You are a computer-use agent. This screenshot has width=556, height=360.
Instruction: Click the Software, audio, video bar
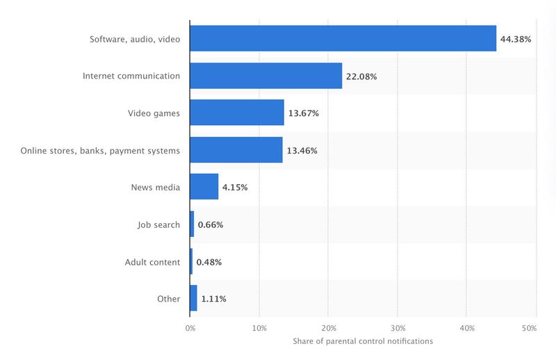click(x=343, y=38)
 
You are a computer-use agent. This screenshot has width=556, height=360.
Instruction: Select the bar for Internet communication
click(x=266, y=76)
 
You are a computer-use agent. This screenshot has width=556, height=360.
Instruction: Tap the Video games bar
click(x=237, y=113)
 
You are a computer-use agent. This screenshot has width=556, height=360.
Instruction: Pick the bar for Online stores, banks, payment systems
click(x=236, y=149)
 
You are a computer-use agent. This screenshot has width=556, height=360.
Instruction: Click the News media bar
click(x=204, y=186)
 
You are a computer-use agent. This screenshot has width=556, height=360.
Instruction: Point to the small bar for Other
click(x=194, y=298)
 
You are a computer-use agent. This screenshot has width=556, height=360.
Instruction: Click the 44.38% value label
click(x=516, y=39)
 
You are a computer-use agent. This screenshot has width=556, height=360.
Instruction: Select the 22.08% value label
click(x=361, y=76)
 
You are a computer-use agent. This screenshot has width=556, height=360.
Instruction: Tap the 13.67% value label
click(x=304, y=113)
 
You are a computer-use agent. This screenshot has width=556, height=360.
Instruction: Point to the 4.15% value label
click(x=235, y=187)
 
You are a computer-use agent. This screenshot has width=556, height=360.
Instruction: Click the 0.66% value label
click(x=211, y=225)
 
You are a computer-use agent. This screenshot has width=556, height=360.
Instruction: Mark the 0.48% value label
click(x=209, y=262)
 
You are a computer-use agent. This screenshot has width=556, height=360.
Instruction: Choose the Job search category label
click(x=158, y=225)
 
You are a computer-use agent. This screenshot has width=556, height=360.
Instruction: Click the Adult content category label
click(x=152, y=262)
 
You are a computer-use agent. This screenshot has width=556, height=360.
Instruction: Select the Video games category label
click(x=154, y=113)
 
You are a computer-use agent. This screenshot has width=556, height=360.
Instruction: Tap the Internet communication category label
click(x=131, y=76)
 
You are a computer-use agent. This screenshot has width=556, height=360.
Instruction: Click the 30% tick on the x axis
click(x=398, y=328)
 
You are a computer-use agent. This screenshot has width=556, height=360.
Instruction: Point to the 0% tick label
click(x=190, y=328)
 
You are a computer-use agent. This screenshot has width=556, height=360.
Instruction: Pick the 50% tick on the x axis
click(x=529, y=328)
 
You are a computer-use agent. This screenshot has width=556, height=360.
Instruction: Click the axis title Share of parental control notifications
click(x=363, y=341)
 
